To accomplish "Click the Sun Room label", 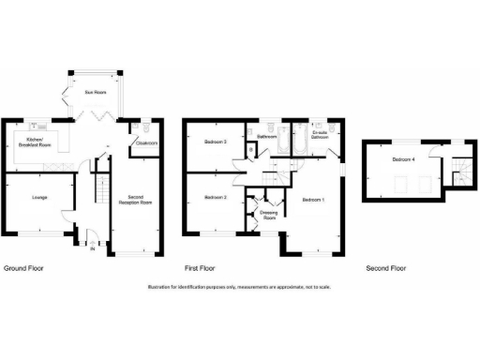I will click(x=95, y=93).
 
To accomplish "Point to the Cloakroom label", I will click(x=145, y=142).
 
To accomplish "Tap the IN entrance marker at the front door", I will click(x=92, y=249).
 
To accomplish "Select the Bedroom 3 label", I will click(x=216, y=142).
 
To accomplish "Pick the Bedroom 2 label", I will click(x=216, y=198).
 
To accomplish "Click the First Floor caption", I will click(x=201, y=268).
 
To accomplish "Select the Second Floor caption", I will click(x=386, y=268).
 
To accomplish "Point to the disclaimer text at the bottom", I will click(x=240, y=286).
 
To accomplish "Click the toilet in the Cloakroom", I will click(x=140, y=126).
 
